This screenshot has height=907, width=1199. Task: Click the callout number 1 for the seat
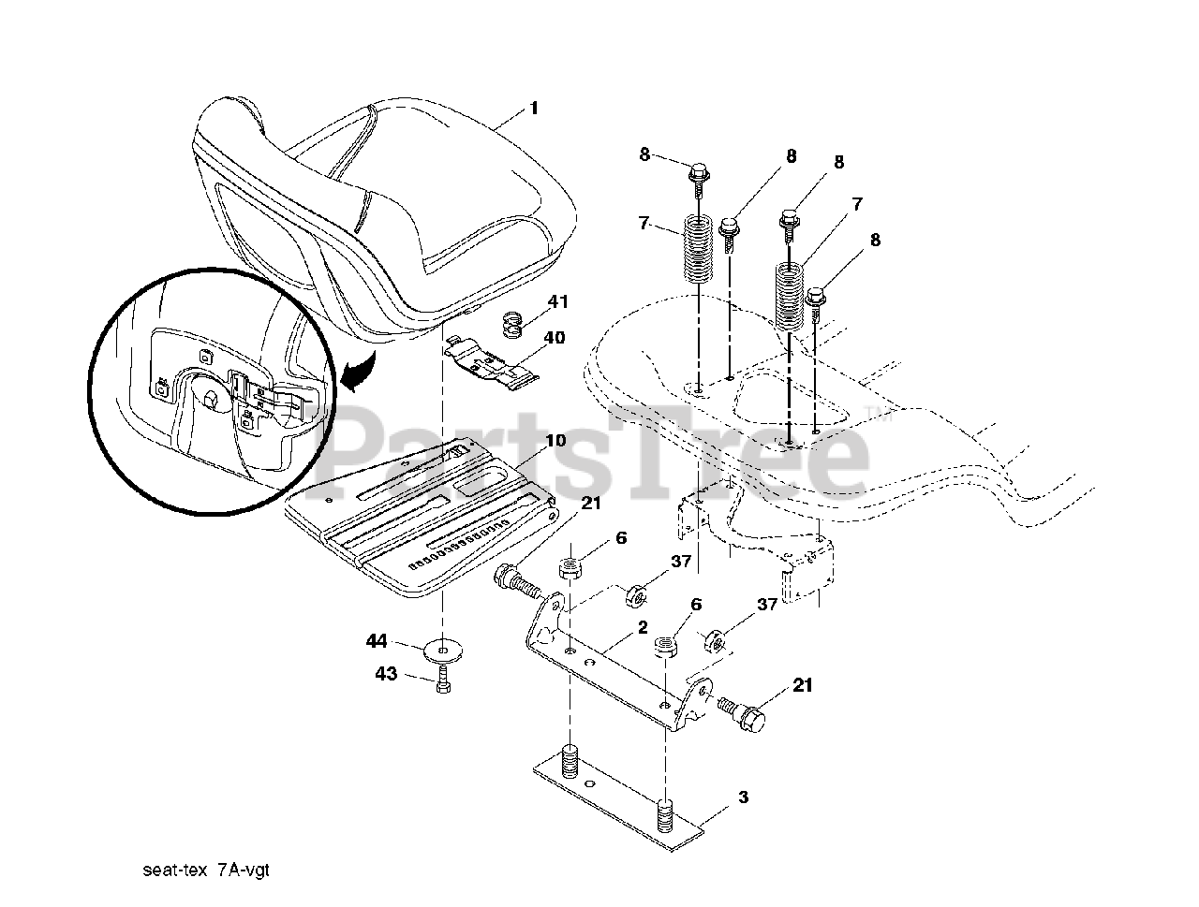point(534,108)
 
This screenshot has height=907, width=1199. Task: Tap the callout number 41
point(558,301)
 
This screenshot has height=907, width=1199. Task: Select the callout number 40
point(554,338)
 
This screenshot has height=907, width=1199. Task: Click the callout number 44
point(377,640)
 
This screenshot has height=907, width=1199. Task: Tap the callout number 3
point(742,797)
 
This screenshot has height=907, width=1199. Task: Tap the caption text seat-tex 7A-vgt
point(206,870)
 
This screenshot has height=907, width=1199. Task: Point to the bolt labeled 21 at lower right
point(742,713)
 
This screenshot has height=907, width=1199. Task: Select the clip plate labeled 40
point(492,367)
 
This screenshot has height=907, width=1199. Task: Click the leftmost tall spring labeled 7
point(697,248)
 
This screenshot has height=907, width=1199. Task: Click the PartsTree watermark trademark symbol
point(873,417)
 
